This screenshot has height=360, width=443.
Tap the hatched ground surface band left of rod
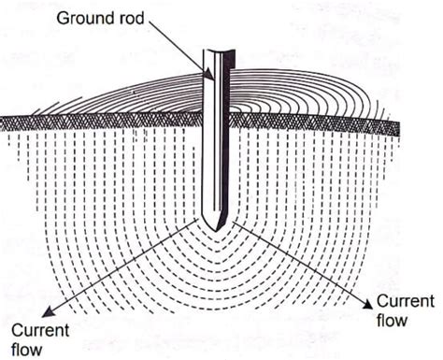(x=103, y=122)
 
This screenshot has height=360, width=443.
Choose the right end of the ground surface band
(x=396, y=126)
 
